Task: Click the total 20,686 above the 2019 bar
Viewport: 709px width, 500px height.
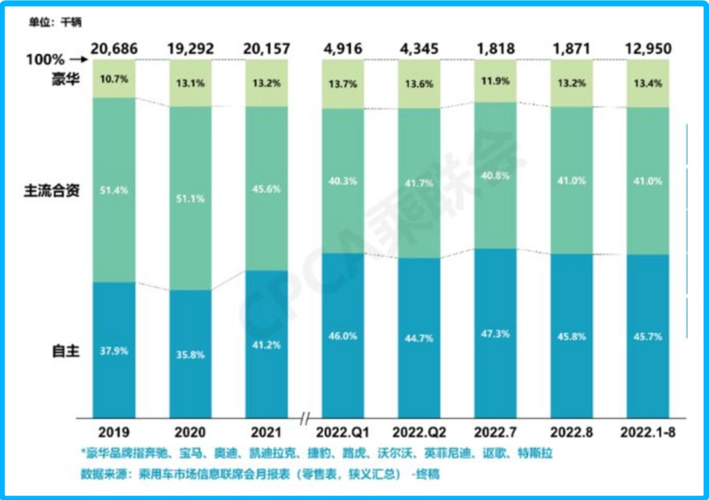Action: point(114,48)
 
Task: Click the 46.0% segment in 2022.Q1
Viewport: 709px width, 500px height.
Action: point(343,336)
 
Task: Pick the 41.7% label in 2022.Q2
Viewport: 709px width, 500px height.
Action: point(419,184)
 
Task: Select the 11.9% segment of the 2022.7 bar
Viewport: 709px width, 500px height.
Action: point(495,81)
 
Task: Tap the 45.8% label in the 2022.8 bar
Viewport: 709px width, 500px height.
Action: point(571,336)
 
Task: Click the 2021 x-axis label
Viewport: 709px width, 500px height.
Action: point(267,432)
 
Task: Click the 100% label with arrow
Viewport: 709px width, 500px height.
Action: point(55,60)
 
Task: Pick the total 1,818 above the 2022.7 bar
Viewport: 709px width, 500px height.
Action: point(495,48)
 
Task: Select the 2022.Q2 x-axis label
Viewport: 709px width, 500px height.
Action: point(419,432)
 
